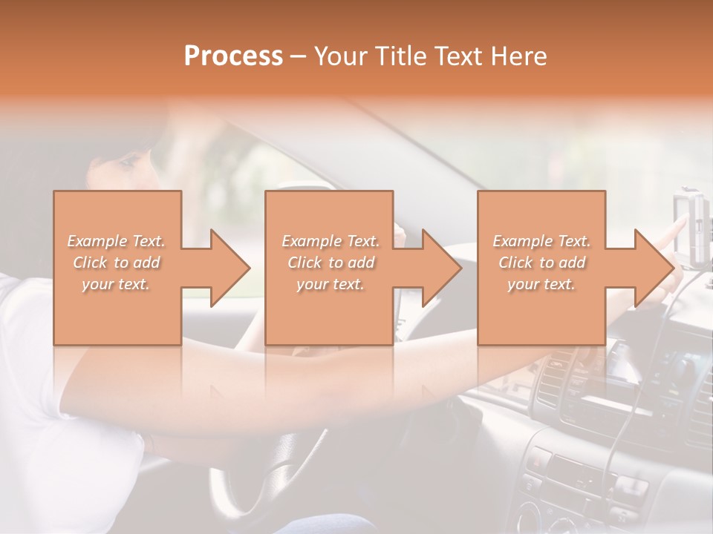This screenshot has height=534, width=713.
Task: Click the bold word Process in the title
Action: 233,56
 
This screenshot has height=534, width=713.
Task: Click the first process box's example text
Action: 116,263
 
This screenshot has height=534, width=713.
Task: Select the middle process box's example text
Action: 330,263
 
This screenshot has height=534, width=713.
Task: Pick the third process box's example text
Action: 541,263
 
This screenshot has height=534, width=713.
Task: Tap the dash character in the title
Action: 299,56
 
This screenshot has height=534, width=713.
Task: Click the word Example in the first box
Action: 97,241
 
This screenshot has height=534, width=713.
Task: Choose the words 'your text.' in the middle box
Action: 330,284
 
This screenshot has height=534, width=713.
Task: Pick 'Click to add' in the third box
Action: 541,263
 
